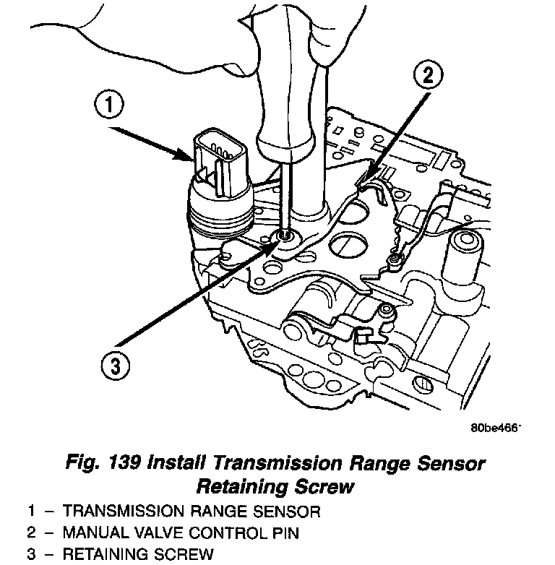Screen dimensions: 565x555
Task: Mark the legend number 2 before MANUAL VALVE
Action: pos(32,533)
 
